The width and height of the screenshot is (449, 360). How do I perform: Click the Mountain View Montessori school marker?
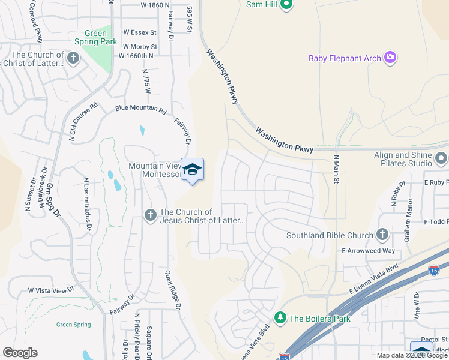point(192,170)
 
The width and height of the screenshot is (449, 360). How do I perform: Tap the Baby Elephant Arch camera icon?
point(391,58)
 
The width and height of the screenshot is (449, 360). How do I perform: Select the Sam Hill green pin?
point(286,5)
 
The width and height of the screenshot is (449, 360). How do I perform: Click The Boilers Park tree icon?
point(279,317)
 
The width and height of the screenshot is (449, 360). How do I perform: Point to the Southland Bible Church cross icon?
point(382,235)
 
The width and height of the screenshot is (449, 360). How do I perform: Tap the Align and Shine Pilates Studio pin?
point(441,159)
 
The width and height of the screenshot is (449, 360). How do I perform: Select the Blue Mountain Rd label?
point(140,110)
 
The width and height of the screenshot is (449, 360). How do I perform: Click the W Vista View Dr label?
point(50,290)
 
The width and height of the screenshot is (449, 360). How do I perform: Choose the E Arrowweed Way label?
point(369,251)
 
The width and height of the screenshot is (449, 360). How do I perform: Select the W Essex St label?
point(140,32)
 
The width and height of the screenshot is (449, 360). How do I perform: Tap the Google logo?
point(20,353)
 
